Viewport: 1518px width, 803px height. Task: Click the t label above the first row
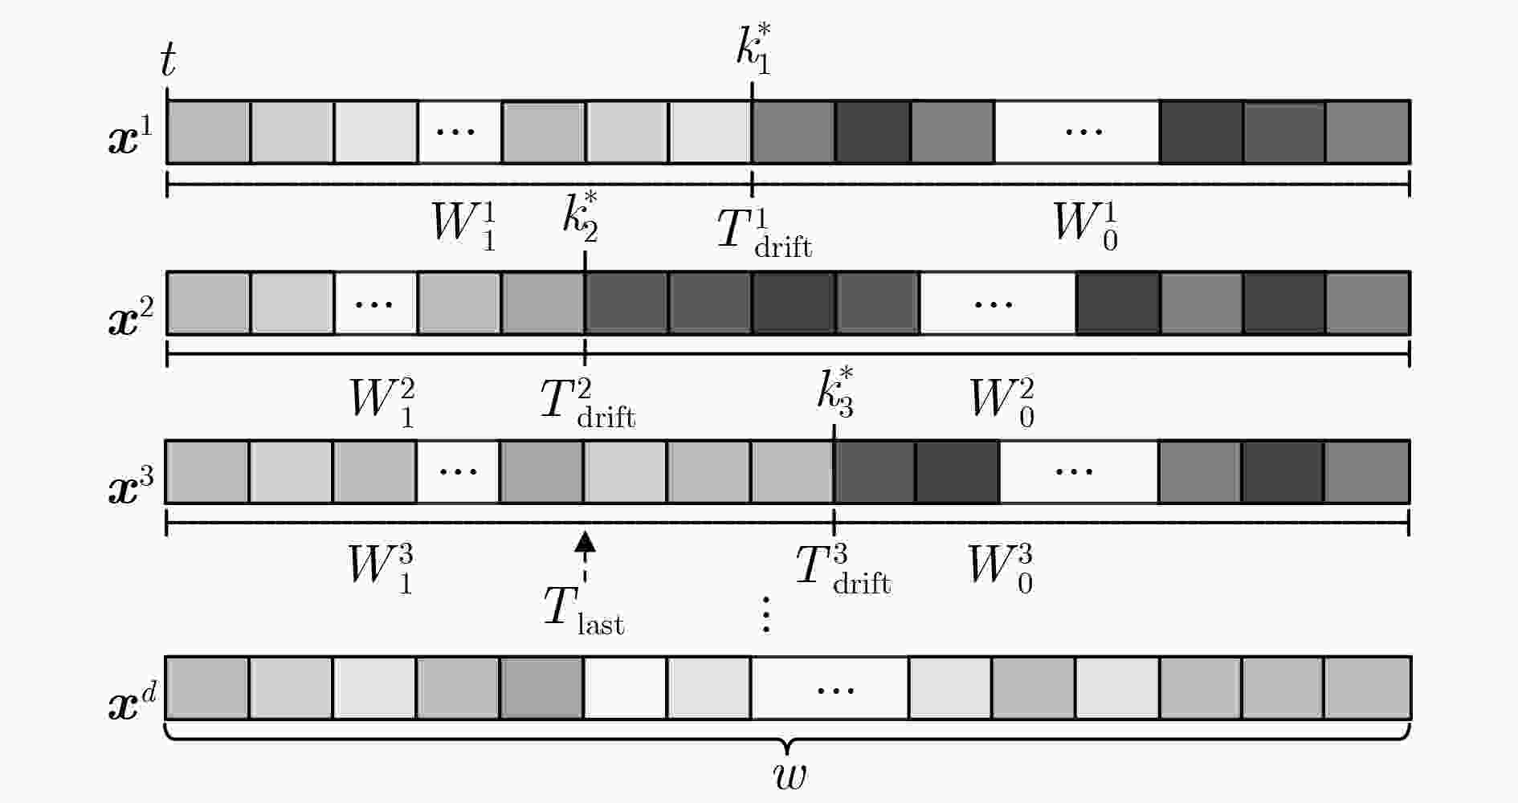[x=168, y=60]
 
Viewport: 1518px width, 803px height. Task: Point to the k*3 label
[x=835, y=393]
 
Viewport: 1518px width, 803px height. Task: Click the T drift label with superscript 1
[x=764, y=232]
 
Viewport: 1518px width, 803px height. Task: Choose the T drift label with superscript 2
[x=588, y=403]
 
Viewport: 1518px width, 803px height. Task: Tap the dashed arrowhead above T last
[x=586, y=542]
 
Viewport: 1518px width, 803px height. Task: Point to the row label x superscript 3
[x=129, y=483]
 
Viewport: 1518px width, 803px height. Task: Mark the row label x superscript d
[x=132, y=700]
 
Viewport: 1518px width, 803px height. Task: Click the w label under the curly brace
[x=789, y=774]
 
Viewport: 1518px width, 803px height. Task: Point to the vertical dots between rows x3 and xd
[x=766, y=614]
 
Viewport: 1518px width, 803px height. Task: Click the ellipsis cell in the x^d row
[x=830, y=688]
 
